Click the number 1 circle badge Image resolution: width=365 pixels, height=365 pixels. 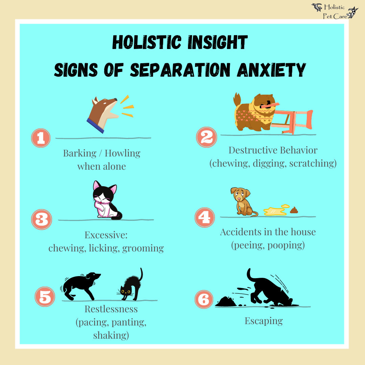tap(41, 138)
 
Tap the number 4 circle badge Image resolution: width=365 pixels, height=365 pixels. tap(204, 217)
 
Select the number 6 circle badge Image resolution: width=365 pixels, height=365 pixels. tap(204, 300)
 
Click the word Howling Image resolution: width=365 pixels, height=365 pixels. tap(122, 153)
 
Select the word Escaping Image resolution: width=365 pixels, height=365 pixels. tap(264, 321)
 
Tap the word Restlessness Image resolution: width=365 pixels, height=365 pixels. tap(111, 309)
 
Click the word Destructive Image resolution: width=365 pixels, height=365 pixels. tap(249, 150)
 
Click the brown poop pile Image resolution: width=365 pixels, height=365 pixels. tap(294, 210)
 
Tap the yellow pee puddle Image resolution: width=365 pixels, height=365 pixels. tap(276, 211)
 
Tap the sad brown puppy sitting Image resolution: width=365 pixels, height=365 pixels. tap(243, 202)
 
